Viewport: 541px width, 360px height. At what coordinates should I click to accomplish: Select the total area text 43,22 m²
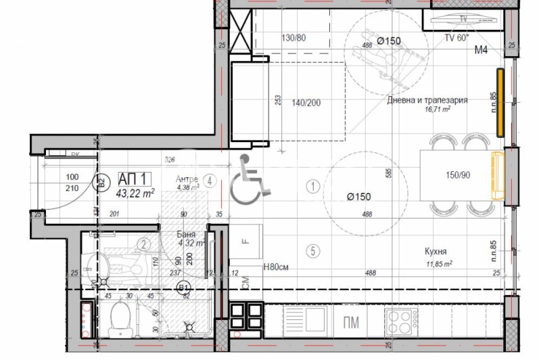(x=135, y=193)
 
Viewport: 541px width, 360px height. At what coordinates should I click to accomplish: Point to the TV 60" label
(x=456, y=38)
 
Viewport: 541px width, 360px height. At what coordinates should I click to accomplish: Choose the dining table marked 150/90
(x=458, y=175)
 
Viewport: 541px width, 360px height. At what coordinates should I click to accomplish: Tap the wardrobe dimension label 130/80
(x=293, y=38)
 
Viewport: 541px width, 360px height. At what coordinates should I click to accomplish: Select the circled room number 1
(x=312, y=185)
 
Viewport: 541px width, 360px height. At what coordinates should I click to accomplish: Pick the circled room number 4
(x=210, y=181)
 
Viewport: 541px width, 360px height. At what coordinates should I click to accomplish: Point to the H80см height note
(x=276, y=267)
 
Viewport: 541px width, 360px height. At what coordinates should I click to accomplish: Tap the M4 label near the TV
(x=481, y=49)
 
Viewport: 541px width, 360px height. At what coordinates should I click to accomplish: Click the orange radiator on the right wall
(x=500, y=102)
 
